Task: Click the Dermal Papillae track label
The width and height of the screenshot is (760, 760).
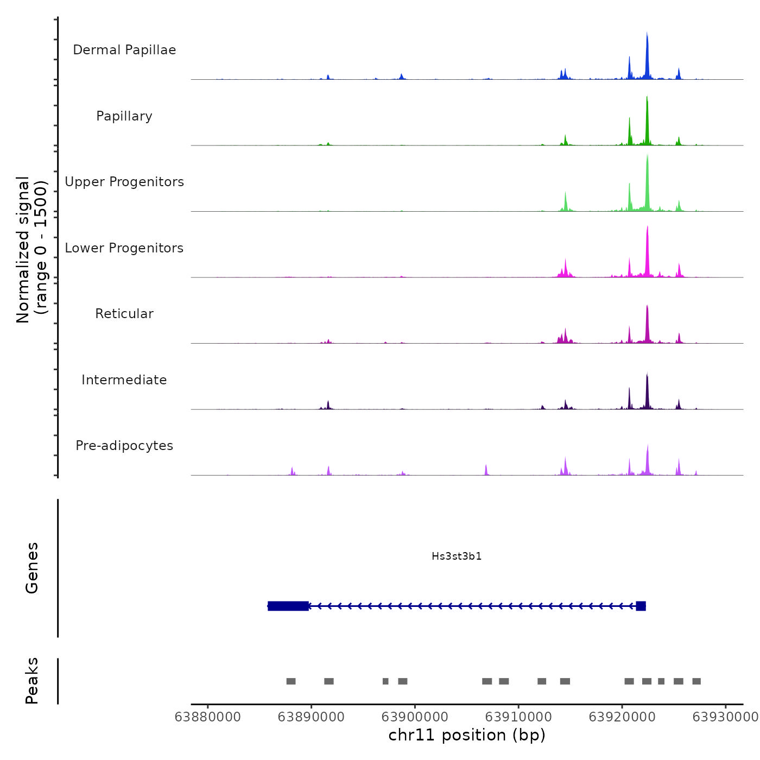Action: click(x=124, y=50)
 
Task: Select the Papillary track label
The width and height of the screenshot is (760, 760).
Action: click(x=124, y=116)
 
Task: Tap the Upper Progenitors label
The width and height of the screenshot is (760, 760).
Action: click(x=124, y=182)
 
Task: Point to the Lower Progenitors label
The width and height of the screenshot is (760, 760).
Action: click(x=124, y=248)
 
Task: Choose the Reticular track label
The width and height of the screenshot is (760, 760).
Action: click(x=124, y=314)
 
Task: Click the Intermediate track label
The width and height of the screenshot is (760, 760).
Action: click(x=124, y=380)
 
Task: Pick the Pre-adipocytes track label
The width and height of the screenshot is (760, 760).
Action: click(x=124, y=446)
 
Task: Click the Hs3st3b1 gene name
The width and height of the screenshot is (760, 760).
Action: click(x=457, y=556)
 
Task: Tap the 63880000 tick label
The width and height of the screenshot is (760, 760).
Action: click(x=207, y=717)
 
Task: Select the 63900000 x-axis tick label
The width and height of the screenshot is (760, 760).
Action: click(x=415, y=717)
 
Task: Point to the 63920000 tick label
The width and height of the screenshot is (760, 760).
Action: click(x=622, y=717)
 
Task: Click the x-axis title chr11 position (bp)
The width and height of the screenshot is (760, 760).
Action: click(x=467, y=735)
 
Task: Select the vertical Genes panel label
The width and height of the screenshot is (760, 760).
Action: click(x=32, y=568)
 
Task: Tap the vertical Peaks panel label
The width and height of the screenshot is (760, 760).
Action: click(x=32, y=681)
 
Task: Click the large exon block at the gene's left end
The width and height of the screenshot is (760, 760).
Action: click(x=288, y=606)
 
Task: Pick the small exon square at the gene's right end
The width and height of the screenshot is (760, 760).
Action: click(x=641, y=606)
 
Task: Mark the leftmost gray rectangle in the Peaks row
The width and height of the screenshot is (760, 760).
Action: click(x=291, y=681)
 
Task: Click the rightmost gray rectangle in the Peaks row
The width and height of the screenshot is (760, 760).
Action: click(x=696, y=681)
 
